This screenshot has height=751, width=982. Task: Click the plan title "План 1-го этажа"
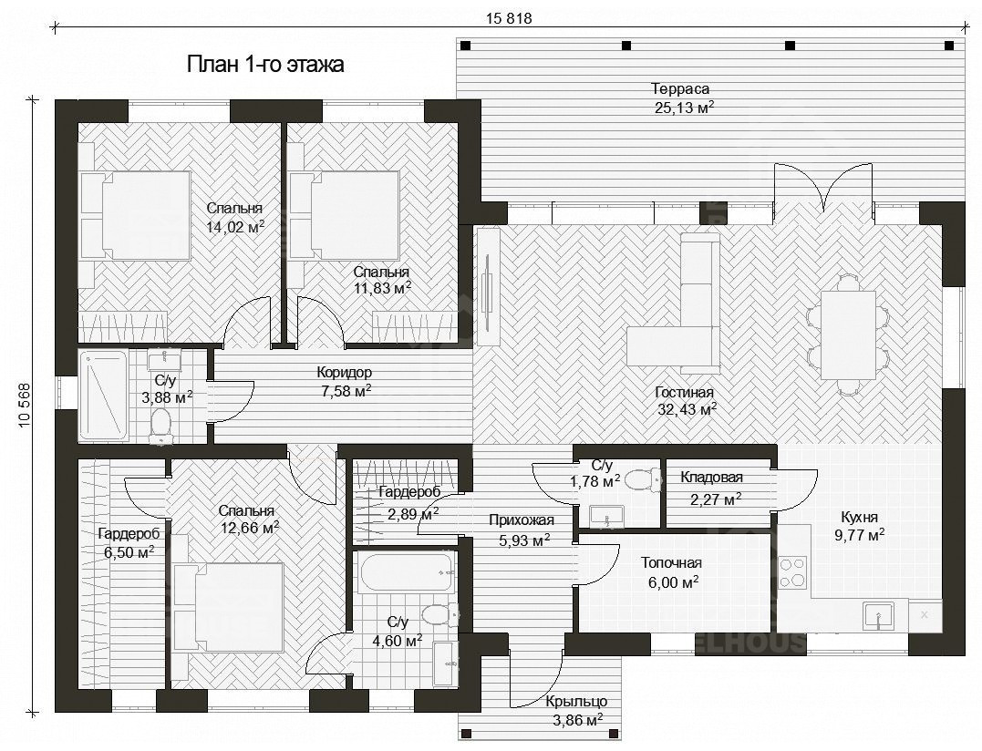coord(265,65)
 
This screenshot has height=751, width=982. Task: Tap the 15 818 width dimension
coord(509,19)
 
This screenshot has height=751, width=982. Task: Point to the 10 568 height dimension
coord(25,405)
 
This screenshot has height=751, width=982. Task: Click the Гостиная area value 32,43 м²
coord(687,410)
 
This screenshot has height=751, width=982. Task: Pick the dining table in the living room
coord(848,334)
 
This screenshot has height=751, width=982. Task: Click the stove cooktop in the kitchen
coord(792,572)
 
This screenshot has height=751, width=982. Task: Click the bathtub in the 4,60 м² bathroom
coord(406,571)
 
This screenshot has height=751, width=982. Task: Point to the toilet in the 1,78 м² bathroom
coord(643,480)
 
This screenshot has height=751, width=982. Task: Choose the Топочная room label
coord(671,563)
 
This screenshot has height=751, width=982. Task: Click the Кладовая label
coord(711,477)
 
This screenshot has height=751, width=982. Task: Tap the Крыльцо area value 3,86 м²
coord(577,720)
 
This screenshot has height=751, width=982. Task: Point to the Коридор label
coord(344,373)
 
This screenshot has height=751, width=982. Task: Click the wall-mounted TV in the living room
coord(488,286)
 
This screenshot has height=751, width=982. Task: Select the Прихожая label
coord(521,520)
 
